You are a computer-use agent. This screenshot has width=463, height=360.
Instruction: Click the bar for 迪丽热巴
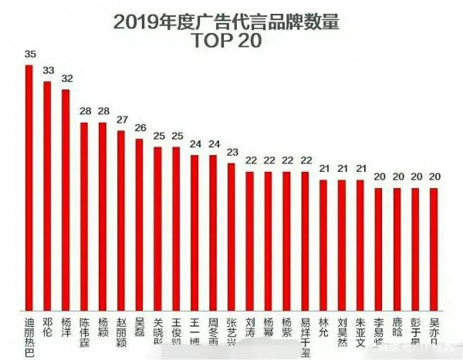(x=29, y=189)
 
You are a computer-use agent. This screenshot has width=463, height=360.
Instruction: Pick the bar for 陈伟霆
(x=84, y=216)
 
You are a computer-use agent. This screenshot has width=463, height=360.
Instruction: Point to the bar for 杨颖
(x=102, y=216)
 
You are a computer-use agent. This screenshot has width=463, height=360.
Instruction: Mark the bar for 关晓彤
(x=157, y=227)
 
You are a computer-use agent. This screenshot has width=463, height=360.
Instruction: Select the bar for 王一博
(x=194, y=231)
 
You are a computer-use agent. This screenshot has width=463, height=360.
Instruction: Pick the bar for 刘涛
(x=249, y=239)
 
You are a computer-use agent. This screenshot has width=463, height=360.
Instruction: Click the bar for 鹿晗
(x=397, y=248)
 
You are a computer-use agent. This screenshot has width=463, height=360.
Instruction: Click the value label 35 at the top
(x=29, y=55)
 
